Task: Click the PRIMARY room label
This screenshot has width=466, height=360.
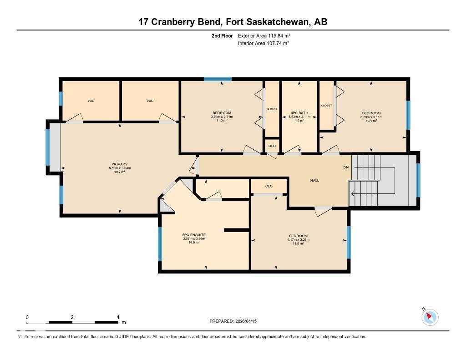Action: click(x=119, y=164)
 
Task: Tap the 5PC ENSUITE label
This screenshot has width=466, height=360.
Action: click(x=194, y=235)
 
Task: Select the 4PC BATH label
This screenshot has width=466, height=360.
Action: click(x=299, y=113)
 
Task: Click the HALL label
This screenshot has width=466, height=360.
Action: click(x=314, y=181)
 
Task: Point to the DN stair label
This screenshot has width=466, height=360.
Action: click(x=346, y=167)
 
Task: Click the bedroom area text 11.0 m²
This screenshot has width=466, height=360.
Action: click(x=222, y=121)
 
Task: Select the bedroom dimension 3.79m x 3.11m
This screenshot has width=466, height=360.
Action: click(x=371, y=117)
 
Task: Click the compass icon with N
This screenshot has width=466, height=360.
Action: click(x=430, y=317)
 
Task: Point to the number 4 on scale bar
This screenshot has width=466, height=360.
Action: click(x=118, y=317)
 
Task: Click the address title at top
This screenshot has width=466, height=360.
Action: click(x=233, y=22)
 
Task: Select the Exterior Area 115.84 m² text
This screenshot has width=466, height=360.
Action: click(x=264, y=35)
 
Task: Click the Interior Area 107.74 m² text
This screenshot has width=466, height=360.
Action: click(x=263, y=43)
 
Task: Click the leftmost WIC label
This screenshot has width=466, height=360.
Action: click(x=91, y=101)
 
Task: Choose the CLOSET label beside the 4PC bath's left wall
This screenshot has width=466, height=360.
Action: click(x=272, y=109)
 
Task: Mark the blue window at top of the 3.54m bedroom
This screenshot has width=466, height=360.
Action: click(x=218, y=80)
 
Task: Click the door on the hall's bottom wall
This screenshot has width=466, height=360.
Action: click(x=324, y=208)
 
